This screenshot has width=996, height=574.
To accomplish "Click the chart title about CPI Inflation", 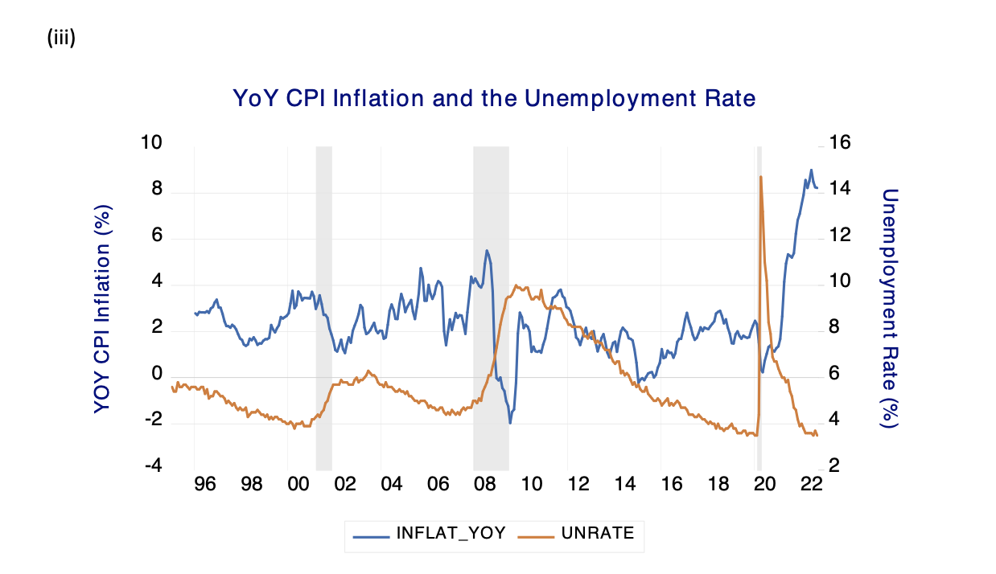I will tap(494, 99).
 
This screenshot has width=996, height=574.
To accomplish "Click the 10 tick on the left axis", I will tap(151, 143).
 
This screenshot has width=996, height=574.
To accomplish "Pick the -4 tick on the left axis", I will tap(152, 467).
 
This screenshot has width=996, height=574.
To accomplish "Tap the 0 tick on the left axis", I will tap(157, 375).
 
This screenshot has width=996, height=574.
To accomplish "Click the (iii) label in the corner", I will tap(62, 38).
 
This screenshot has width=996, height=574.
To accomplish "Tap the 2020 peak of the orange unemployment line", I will tap(760, 176).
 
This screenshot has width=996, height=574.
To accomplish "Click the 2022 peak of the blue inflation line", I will tap(811, 170).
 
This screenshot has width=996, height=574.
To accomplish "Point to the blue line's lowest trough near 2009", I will tap(510, 423).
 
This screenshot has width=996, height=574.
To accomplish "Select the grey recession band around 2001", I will tap(323, 305).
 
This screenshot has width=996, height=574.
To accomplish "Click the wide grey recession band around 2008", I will tap(491, 305).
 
